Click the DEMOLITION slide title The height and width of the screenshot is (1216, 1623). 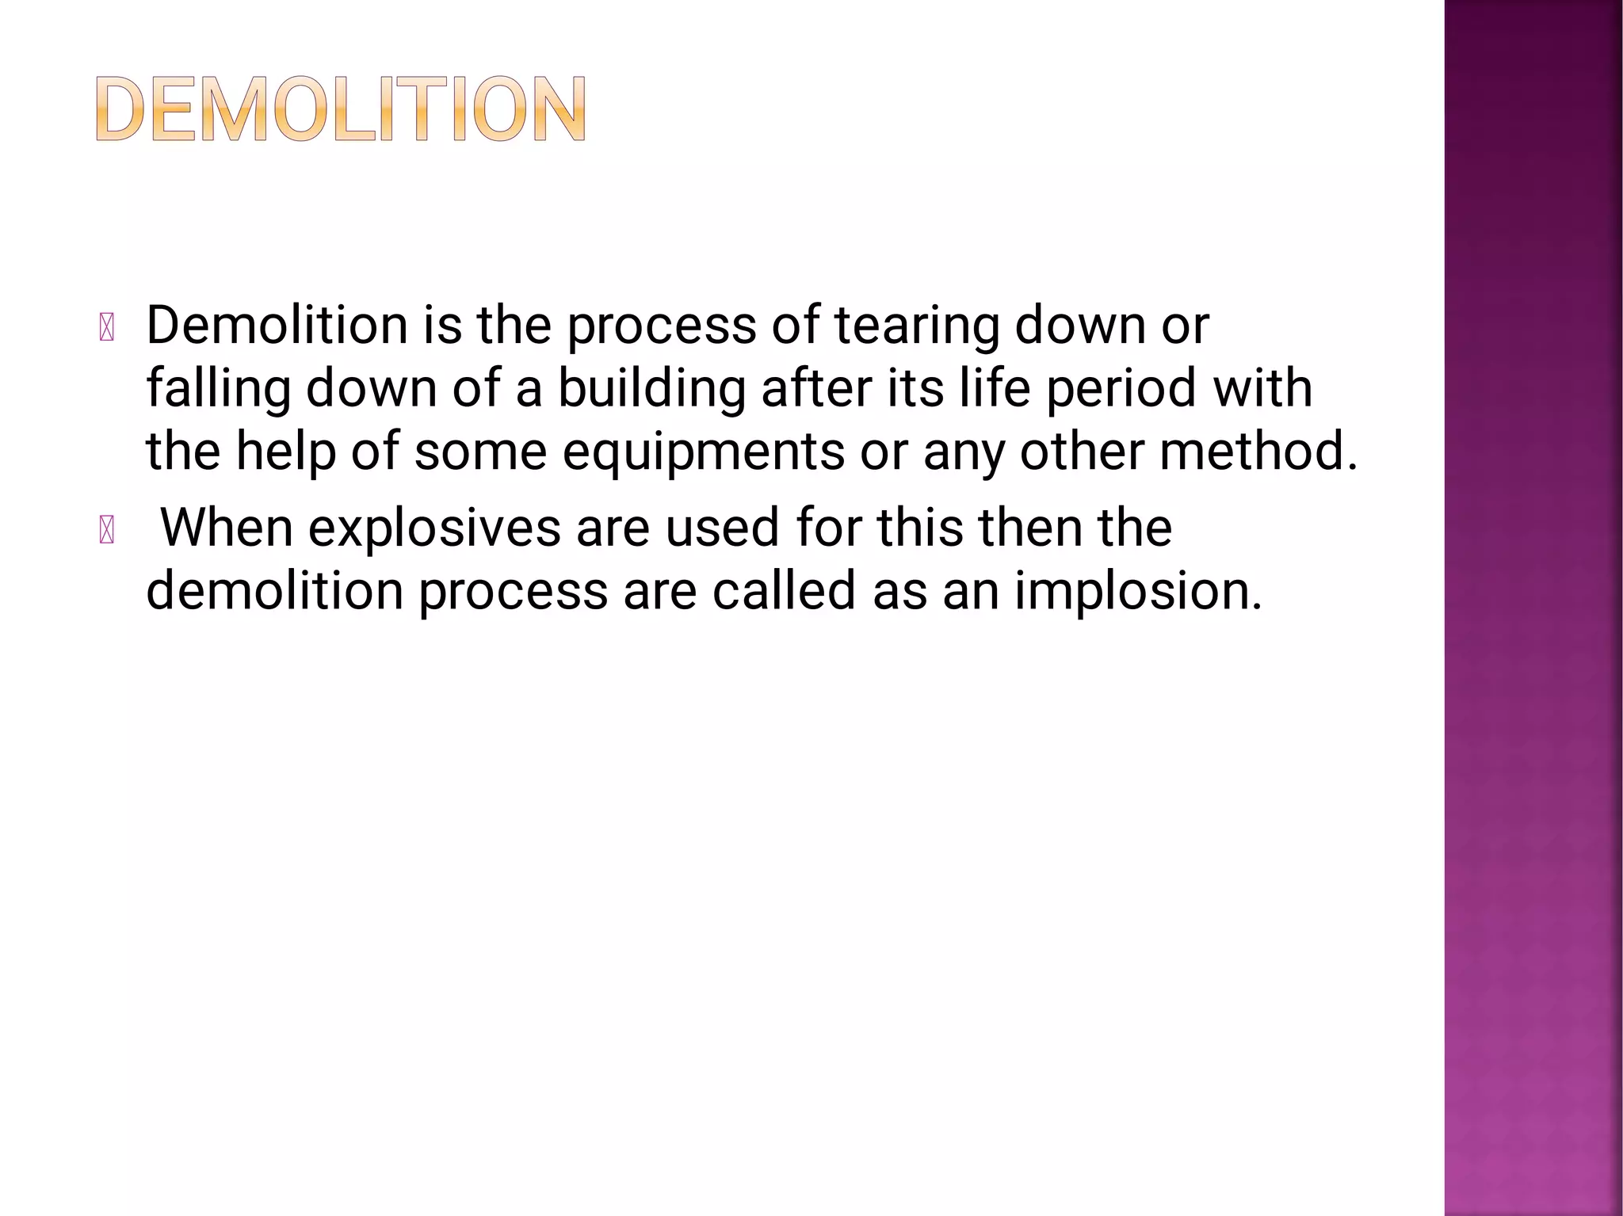(x=341, y=109)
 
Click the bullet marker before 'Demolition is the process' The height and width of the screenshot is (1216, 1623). (x=107, y=328)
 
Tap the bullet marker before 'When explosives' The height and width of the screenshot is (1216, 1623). (x=107, y=530)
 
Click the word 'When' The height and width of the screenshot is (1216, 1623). (x=227, y=528)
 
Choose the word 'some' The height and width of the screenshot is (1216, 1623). (x=480, y=452)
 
